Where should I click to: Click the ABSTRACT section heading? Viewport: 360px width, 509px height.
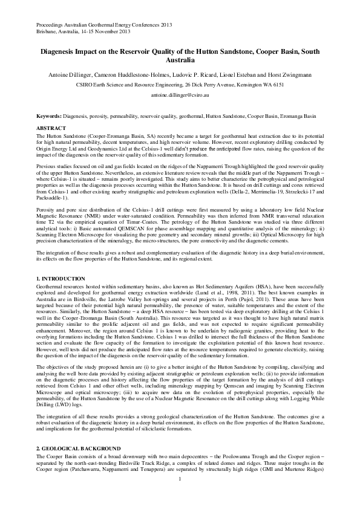pos(50,129)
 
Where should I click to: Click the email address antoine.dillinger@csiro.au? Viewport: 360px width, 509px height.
pos(180,96)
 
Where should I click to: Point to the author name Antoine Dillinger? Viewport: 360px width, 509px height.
pos(72,74)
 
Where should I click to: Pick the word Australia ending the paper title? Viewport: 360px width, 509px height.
pos(180,60)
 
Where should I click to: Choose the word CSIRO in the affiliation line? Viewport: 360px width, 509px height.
pos(86,85)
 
